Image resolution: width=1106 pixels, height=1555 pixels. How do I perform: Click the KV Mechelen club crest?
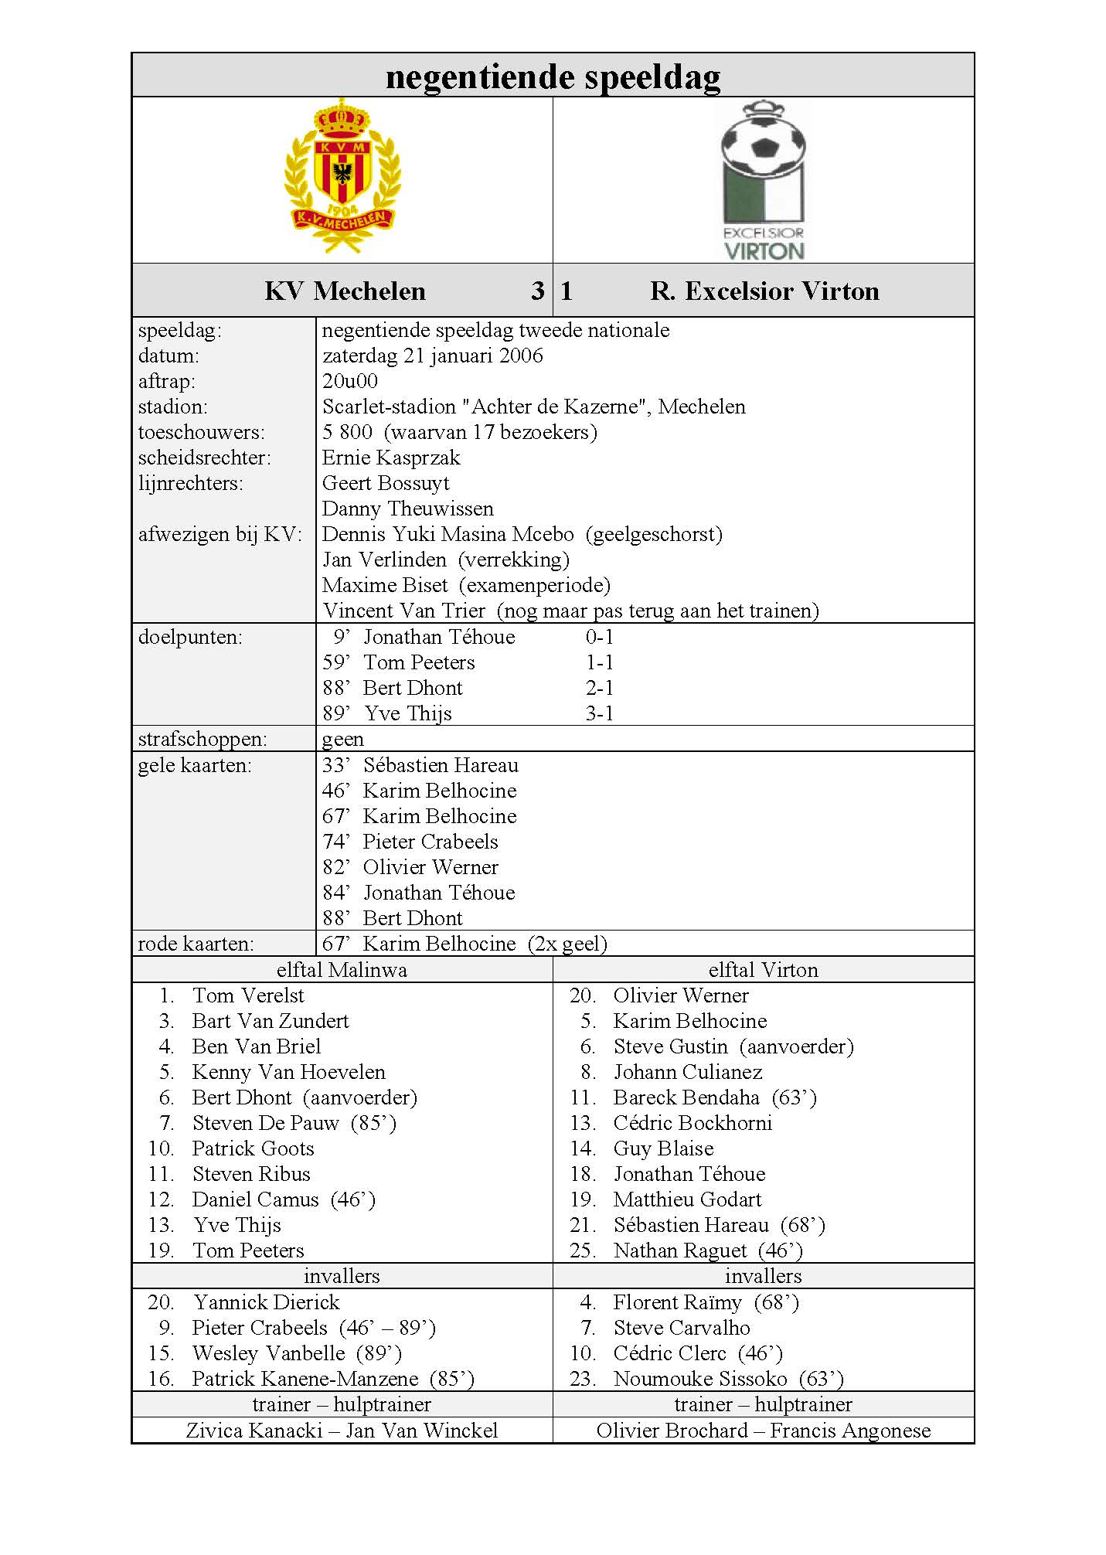pos(342,177)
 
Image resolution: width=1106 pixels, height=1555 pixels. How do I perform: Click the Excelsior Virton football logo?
pos(763,179)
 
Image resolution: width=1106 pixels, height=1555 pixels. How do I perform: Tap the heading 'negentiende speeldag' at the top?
pos(553,77)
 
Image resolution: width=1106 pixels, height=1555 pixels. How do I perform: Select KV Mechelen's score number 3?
pos(538,291)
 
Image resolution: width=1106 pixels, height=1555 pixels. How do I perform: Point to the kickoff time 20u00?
pos(350,381)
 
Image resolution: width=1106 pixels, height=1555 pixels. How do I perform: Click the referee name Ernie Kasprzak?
pos(391,458)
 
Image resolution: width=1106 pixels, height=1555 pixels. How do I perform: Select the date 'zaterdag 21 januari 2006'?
pos(432,356)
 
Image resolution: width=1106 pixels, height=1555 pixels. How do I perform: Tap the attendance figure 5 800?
pos(347,432)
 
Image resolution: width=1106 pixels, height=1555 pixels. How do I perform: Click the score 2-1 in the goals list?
pos(599,688)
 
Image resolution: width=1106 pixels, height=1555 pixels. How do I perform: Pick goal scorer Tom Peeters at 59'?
pos(419,662)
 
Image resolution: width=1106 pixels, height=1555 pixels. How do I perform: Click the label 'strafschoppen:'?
pos(202,739)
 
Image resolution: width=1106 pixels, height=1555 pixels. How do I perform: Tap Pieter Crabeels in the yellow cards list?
pos(430,842)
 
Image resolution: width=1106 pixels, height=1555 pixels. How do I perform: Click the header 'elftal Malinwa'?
pos(342,970)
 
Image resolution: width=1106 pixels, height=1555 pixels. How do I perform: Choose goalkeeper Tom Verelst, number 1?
pos(248,995)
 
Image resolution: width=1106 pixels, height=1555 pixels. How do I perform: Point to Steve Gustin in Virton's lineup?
pos(670,1046)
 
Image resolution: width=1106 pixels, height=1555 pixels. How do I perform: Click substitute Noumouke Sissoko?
pos(700,1379)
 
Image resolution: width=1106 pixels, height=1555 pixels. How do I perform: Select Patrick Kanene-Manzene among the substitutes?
pos(305,1379)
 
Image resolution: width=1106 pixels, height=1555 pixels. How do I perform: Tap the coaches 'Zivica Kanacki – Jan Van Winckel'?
pos(342,1431)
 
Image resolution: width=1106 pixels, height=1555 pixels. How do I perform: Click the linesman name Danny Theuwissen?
pos(407,509)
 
